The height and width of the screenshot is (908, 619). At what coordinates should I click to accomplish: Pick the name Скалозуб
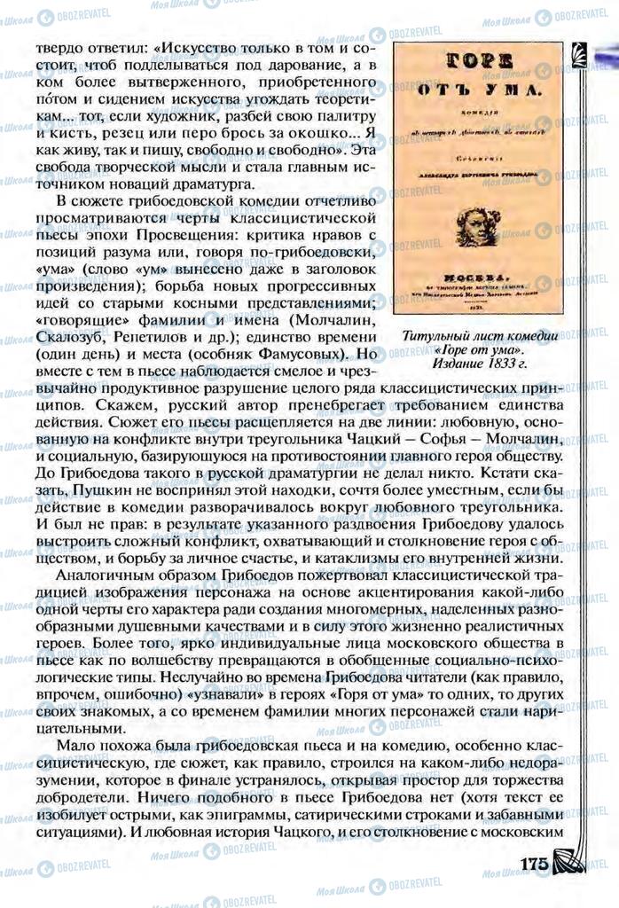(65, 338)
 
